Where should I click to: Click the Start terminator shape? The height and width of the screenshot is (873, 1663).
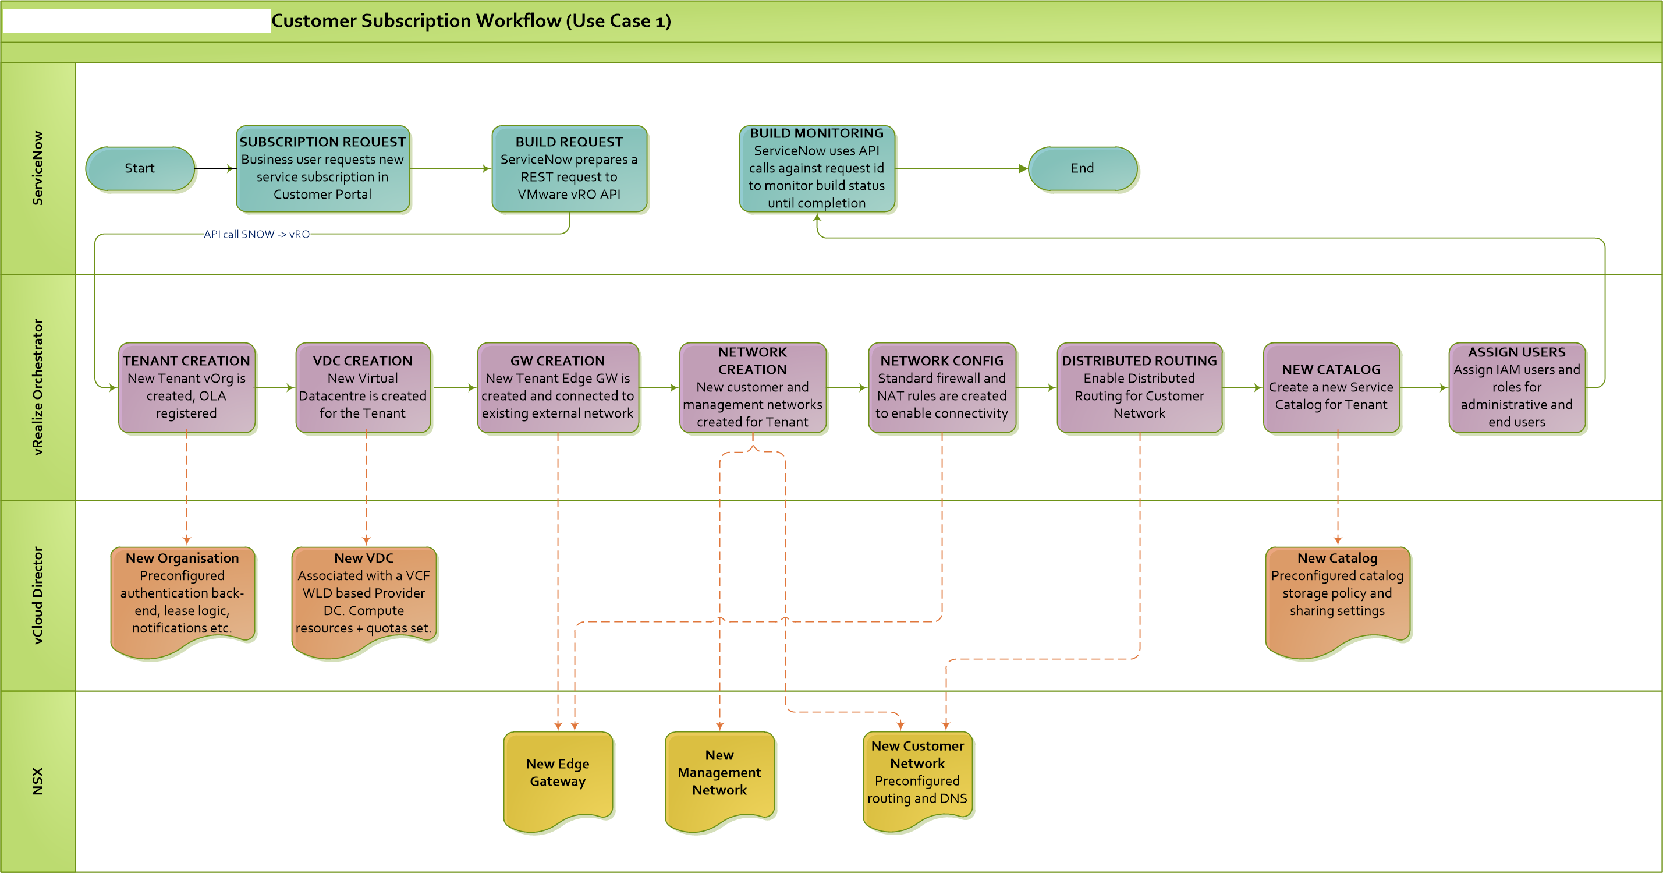(x=140, y=168)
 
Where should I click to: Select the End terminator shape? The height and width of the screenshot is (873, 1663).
(x=1083, y=168)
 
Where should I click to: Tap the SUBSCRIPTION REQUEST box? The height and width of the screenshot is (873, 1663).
(x=323, y=168)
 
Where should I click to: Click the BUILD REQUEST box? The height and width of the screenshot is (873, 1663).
(x=569, y=168)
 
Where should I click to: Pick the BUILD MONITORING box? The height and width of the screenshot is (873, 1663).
(x=817, y=168)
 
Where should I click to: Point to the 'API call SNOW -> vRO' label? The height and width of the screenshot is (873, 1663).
(x=256, y=234)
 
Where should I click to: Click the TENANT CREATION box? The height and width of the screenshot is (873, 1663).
(x=187, y=387)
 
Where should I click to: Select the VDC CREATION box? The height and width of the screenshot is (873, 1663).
(x=363, y=387)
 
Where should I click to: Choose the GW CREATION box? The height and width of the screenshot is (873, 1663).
(x=558, y=387)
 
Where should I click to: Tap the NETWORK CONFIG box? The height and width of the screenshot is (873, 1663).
(x=941, y=387)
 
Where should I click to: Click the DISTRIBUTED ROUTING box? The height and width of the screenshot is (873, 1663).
(x=1140, y=387)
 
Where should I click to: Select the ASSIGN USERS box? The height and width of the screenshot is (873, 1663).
(x=1516, y=387)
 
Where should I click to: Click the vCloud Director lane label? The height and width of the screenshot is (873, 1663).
(x=38, y=595)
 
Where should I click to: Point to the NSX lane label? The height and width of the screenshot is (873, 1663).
(x=38, y=782)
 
